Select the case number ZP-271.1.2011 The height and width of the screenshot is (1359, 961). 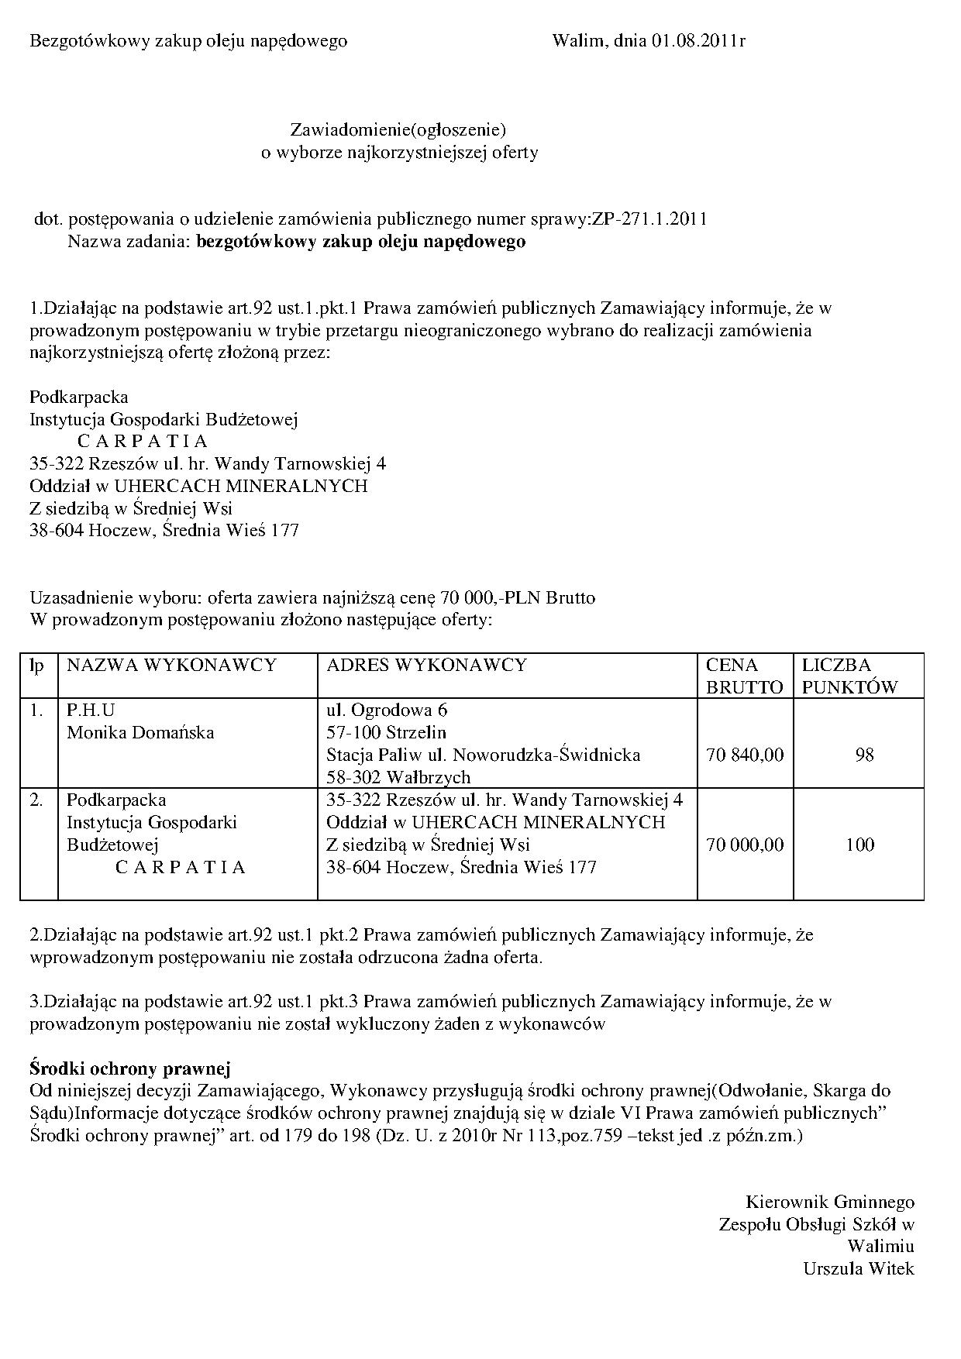649,219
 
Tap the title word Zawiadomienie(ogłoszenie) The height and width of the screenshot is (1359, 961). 398,129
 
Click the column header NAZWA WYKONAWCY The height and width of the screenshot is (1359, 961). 171,665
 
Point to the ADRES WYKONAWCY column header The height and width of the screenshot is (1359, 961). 426,665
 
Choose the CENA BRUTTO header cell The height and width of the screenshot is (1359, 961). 744,676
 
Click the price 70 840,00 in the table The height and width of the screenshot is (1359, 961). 745,755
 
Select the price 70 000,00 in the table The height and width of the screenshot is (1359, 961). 745,845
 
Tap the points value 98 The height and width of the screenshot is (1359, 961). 864,755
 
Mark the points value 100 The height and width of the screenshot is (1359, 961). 859,845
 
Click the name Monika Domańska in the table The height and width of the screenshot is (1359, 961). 140,732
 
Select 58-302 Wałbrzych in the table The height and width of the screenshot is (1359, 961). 398,777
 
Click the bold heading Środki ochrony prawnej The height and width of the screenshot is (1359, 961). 130,1068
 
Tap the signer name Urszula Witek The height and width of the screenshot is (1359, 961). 859,1269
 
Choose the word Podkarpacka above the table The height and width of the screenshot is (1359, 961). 79,397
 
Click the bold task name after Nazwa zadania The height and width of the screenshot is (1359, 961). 361,242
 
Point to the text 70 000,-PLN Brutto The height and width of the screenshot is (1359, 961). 518,598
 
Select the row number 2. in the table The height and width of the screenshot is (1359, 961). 36,800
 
